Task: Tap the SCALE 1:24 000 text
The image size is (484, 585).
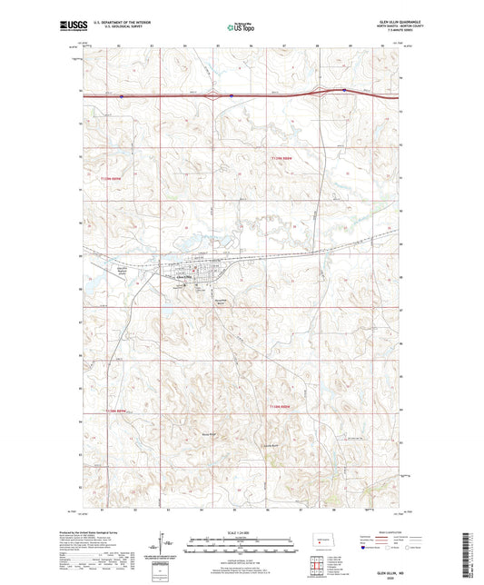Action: click(x=241, y=532)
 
